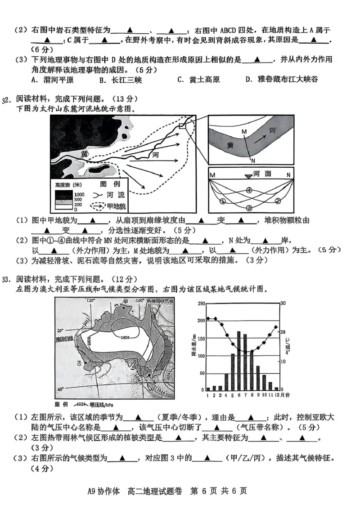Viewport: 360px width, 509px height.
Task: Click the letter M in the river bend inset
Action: (244, 131)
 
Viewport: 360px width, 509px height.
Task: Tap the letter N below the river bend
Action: (253, 161)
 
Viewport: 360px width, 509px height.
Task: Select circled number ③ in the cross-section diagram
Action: (248, 208)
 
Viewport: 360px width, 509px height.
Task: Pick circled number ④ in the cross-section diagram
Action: (249, 190)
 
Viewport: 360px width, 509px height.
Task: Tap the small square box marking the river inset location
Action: (182, 126)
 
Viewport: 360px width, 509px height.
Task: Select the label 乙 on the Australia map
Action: (79, 362)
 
